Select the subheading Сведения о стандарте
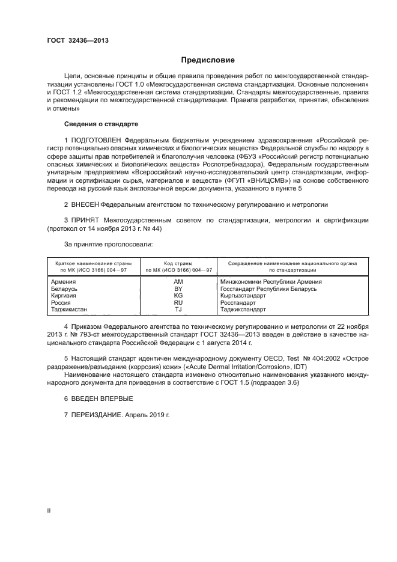tap(101, 123)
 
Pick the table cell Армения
tap(63, 281)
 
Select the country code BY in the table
tap(178, 289)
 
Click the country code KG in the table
tap(178, 296)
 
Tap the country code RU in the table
tap(178, 303)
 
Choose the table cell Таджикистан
tap(69, 310)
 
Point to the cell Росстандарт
tap(238, 303)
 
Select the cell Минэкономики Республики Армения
tap(271, 281)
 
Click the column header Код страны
tap(178, 263)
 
